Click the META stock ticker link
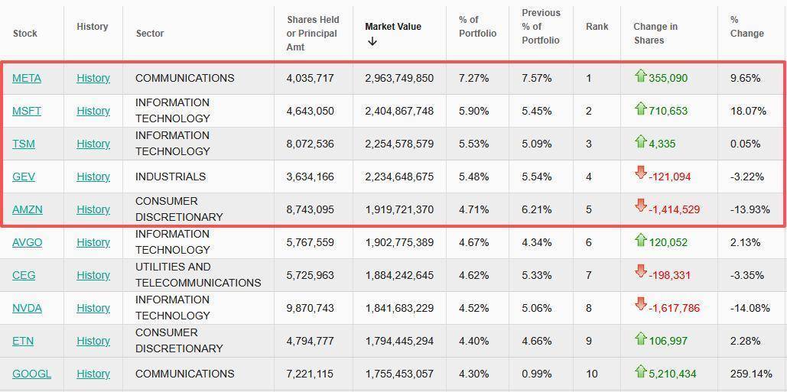[27, 78]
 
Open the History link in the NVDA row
[93, 308]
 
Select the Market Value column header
[393, 27]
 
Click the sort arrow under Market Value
[372, 41]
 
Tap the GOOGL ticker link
[31, 374]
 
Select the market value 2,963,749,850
[399, 78]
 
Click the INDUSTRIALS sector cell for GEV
[171, 177]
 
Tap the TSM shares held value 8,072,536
[311, 144]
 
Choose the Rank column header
[597, 27]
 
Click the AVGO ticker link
[28, 242]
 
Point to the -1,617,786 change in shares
[673, 308]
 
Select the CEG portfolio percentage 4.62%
[473, 275]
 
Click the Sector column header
[150, 34]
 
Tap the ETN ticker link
[23, 341]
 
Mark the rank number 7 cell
[589, 275]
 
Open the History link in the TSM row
[93, 144]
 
